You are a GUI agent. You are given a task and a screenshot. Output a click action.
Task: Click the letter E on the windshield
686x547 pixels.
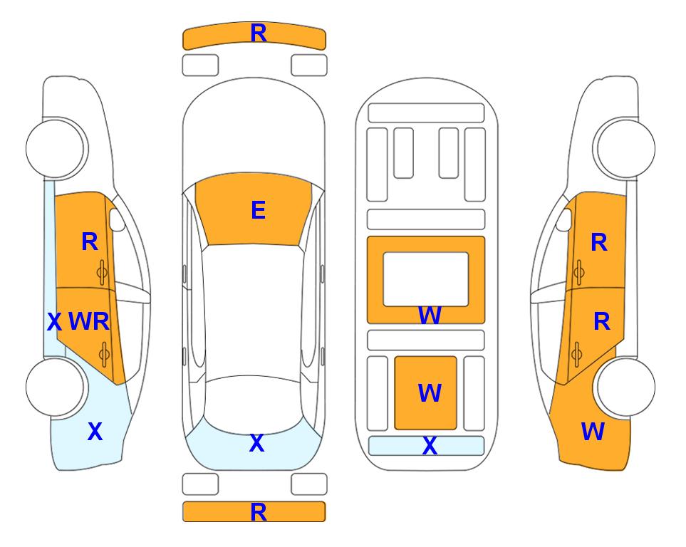(x=258, y=210)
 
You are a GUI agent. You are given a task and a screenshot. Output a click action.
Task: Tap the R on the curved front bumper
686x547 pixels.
(x=259, y=33)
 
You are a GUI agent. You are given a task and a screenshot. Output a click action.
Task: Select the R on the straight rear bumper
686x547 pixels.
(x=259, y=512)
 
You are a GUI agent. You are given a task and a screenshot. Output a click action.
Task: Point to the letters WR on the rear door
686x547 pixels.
(x=89, y=321)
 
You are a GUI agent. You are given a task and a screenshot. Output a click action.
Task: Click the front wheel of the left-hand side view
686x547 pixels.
(x=56, y=148)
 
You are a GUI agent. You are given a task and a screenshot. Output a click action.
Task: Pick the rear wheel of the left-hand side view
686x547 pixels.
(x=56, y=387)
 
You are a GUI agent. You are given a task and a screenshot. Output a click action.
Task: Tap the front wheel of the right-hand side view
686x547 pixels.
(x=625, y=148)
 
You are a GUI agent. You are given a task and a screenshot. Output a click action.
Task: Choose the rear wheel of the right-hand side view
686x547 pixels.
(x=625, y=387)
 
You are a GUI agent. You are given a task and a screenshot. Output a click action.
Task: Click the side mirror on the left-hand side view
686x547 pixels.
(x=116, y=219)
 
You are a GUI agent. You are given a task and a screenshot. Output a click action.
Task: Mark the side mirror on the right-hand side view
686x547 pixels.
(x=564, y=219)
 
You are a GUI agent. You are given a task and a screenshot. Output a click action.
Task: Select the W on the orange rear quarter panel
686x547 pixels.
(x=593, y=432)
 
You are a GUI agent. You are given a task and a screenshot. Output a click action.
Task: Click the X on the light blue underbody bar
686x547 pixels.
(x=430, y=446)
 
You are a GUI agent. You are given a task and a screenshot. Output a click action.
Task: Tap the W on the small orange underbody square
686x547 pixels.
(x=429, y=392)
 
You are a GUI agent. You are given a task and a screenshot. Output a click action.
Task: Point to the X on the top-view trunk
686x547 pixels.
(x=257, y=443)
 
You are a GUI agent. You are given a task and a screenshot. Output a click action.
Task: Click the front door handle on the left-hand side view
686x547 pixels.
(x=103, y=272)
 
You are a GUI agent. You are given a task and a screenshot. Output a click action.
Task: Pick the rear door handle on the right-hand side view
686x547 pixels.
(x=577, y=354)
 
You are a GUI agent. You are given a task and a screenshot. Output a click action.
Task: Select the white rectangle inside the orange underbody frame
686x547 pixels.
(x=426, y=279)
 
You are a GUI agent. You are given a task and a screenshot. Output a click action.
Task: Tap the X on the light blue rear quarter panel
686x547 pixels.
(x=95, y=432)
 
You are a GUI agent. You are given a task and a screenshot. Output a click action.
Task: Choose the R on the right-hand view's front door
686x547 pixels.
(x=599, y=242)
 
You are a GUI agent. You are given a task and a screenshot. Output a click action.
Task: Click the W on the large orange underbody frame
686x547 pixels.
(x=429, y=315)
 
